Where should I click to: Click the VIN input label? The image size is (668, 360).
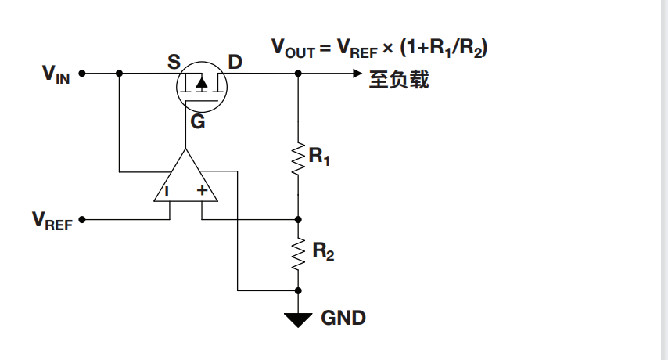tap(56, 74)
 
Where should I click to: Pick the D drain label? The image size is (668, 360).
tap(235, 61)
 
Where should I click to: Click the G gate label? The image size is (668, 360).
tap(198, 122)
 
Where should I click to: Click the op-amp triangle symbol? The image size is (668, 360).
tap(185, 178)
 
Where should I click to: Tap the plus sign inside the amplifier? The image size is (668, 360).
tap(202, 190)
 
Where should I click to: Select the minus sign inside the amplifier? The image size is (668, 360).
tap(167, 190)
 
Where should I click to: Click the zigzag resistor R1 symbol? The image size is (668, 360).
tap(298, 157)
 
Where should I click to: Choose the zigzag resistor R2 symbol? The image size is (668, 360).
tap(298, 252)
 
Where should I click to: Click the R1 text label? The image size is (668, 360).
tap(319, 157)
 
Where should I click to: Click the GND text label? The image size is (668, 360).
tap(343, 319)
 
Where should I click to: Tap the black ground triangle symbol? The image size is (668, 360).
tap(298, 319)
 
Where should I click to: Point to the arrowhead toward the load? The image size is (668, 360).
tap(357, 74)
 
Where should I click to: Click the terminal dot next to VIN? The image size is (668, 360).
tap(82, 74)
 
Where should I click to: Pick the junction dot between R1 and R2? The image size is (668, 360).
tap(298, 220)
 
